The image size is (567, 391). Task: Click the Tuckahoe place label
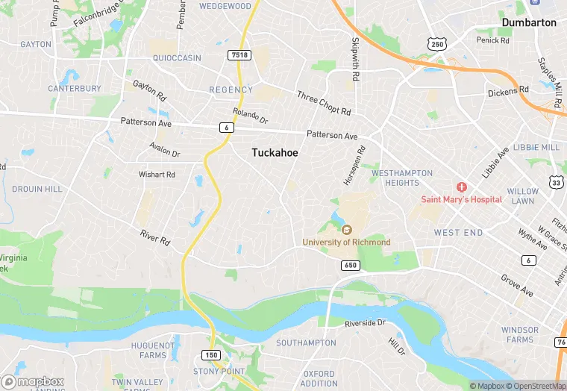coord(275,151)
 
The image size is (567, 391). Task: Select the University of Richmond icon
coord(346,230)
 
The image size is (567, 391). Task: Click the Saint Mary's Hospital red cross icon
coord(462,187)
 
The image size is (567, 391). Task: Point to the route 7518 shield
coord(240,55)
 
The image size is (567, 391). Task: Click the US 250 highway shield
coord(437,45)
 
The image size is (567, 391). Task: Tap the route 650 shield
coord(351,265)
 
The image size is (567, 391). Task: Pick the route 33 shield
coord(556,182)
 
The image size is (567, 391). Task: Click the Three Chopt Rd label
coord(323,103)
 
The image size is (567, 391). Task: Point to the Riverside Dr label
coord(365,323)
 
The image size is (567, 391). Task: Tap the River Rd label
coord(155,237)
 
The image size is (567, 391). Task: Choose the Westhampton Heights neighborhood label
coord(401,178)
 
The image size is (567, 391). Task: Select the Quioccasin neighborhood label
coord(177,57)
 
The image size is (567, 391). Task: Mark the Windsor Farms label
coord(519,334)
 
